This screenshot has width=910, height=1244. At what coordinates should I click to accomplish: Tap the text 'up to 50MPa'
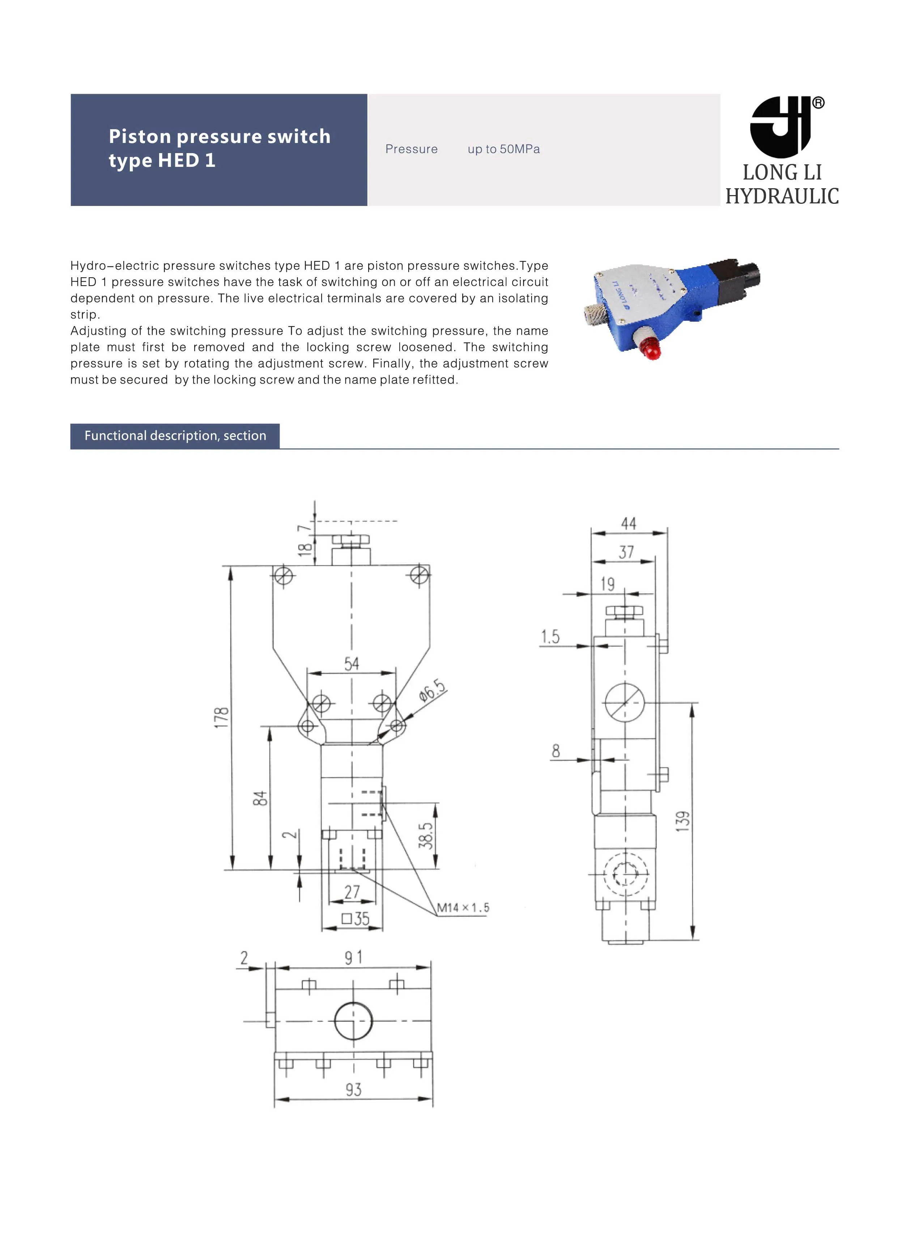click(x=503, y=149)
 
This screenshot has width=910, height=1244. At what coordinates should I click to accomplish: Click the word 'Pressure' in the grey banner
click(x=412, y=149)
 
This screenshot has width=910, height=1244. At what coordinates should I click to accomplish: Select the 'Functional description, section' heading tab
click(x=175, y=436)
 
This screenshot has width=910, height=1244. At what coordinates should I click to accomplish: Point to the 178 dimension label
click(x=221, y=717)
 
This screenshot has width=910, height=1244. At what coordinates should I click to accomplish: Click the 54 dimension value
click(x=352, y=663)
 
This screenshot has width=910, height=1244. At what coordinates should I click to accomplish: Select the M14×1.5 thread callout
click(x=463, y=908)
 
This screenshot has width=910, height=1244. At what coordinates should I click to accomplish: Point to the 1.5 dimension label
click(x=550, y=637)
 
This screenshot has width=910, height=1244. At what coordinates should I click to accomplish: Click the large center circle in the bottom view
click(x=353, y=1021)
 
